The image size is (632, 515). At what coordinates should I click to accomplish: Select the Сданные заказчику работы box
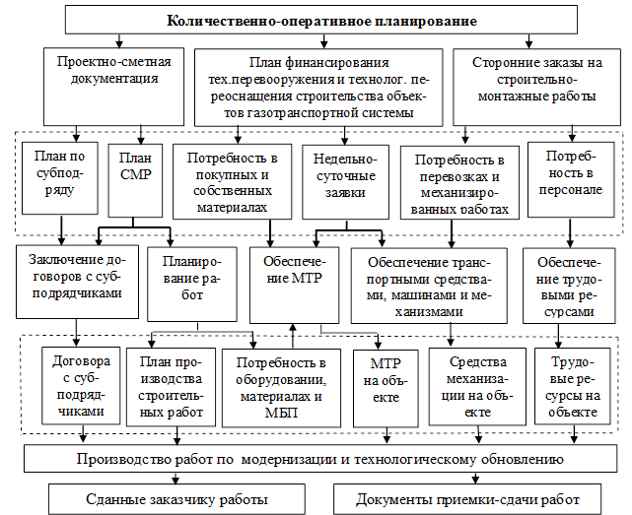point(171,498)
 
